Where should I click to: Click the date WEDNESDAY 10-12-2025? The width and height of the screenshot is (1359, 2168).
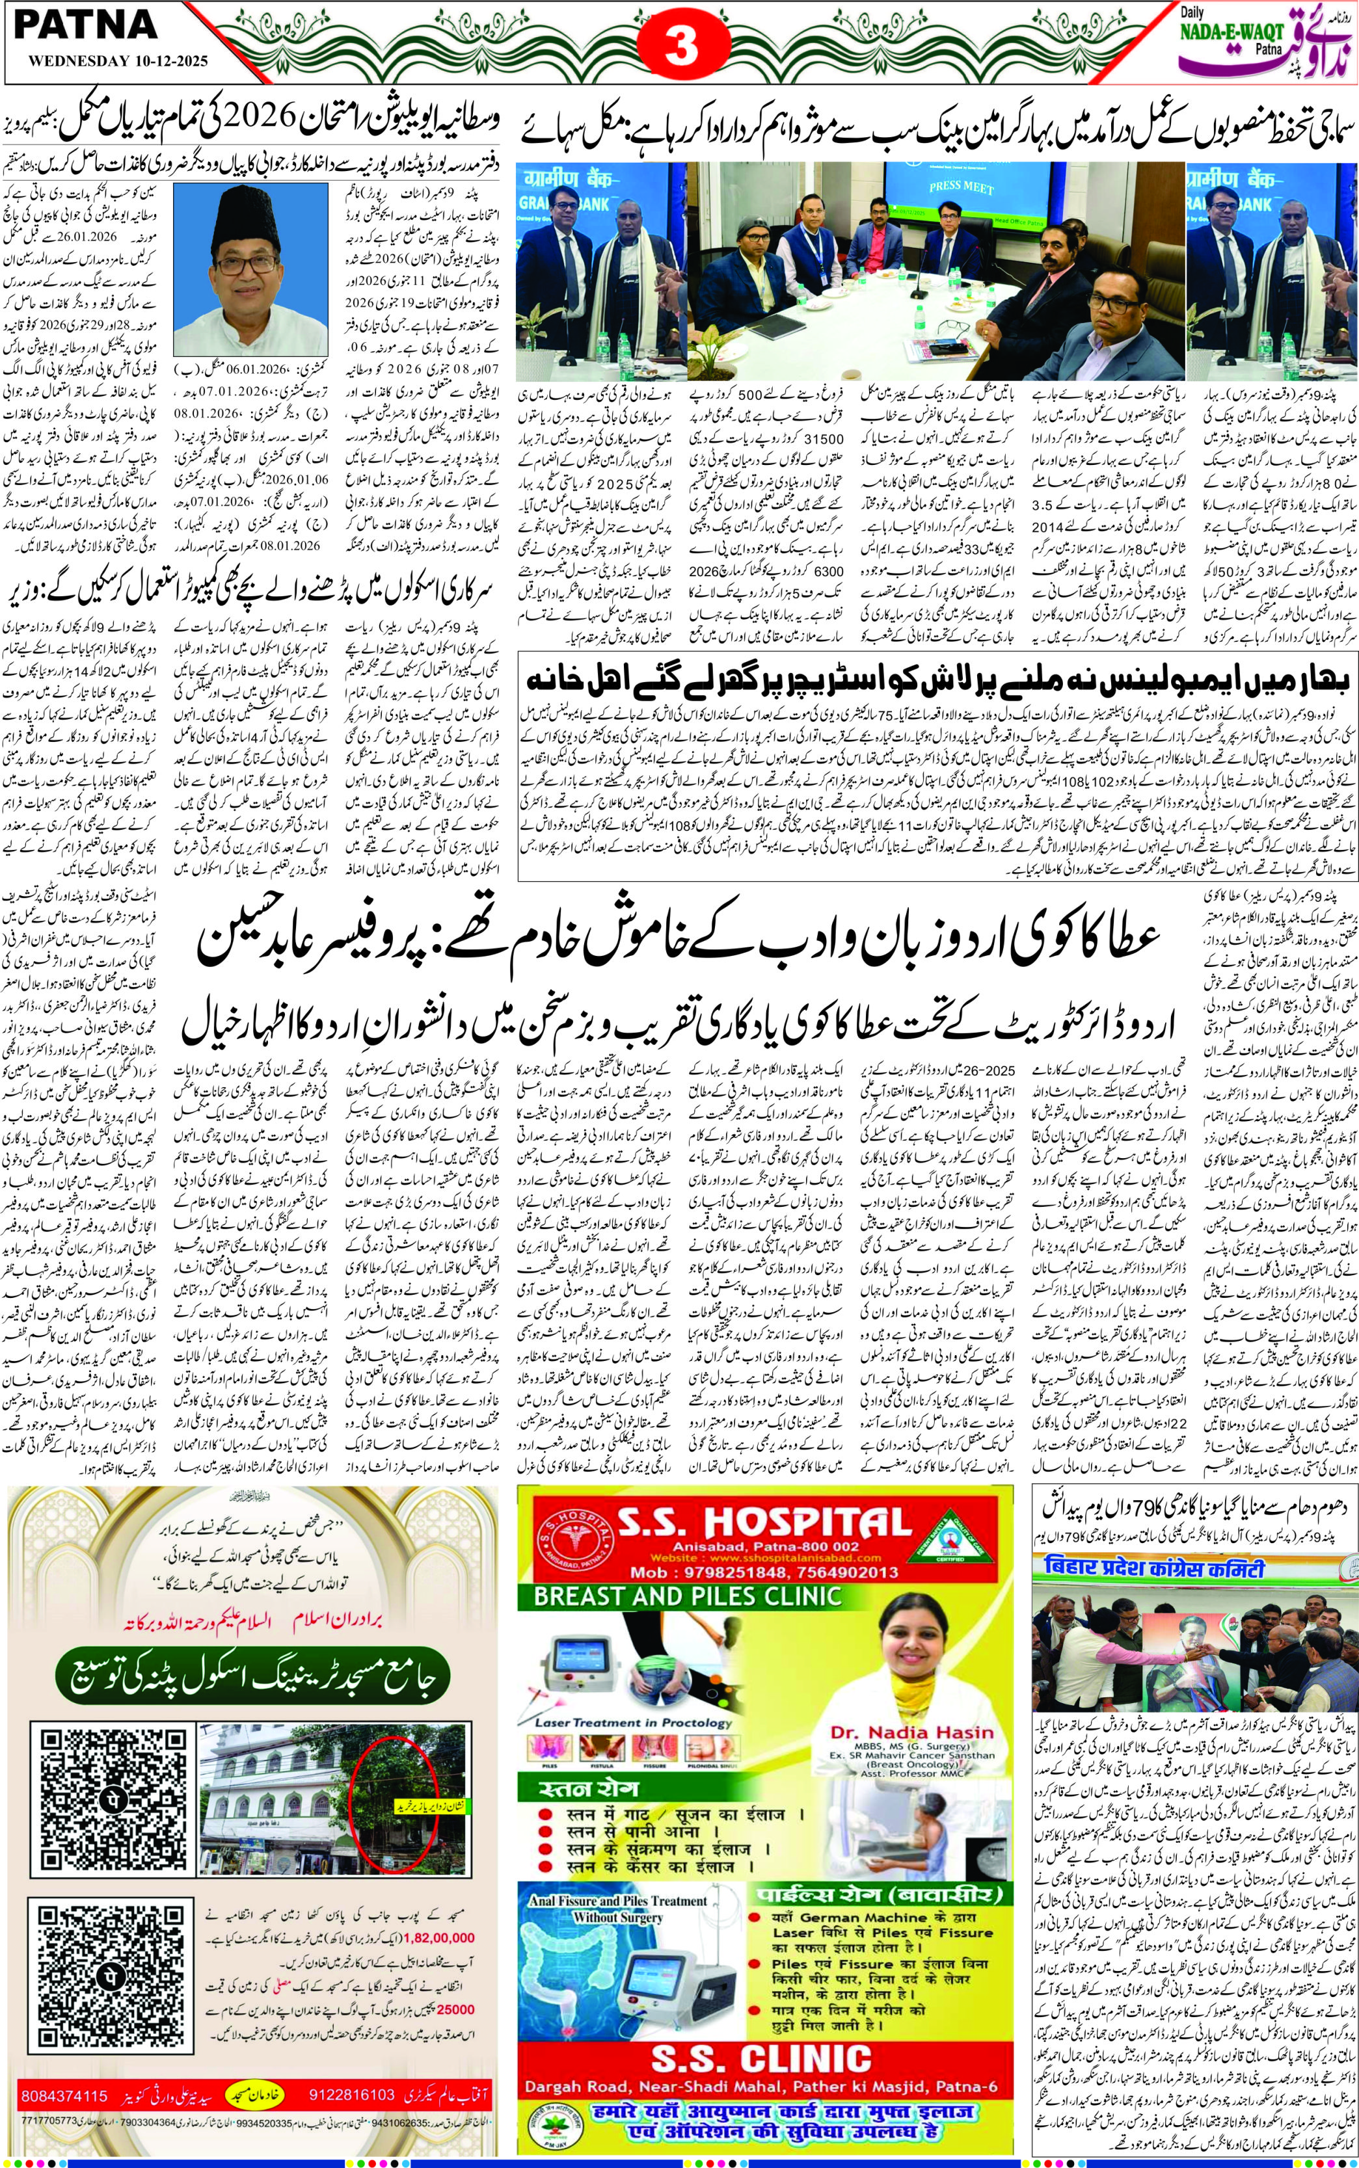point(118,61)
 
